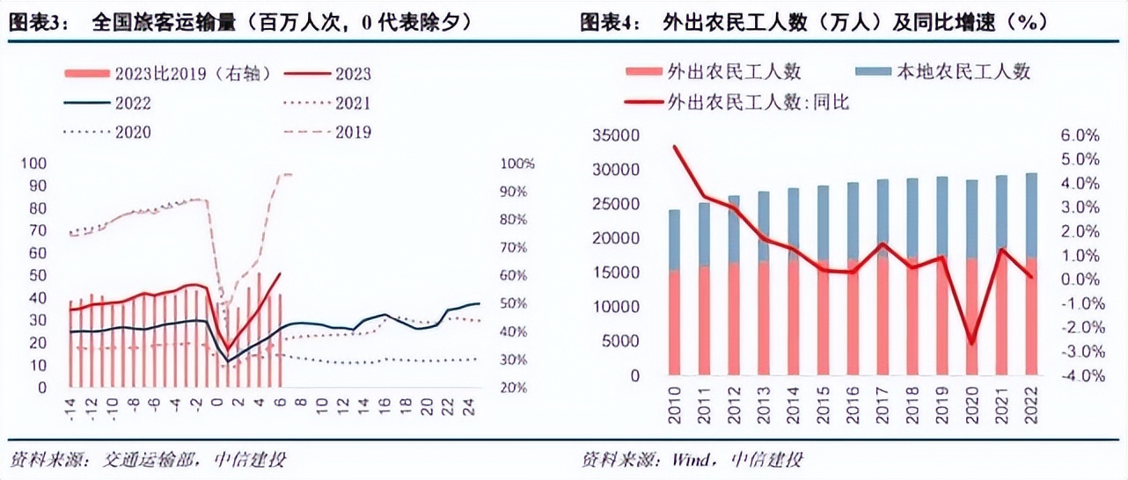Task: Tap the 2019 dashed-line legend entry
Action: pyautogui.click(x=353, y=133)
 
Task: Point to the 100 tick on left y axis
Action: pyautogui.click(x=39, y=164)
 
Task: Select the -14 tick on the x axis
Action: pyautogui.click(x=70, y=405)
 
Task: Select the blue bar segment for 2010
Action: pyautogui.click(x=675, y=239)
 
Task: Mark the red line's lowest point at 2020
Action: pyautogui.click(x=971, y=344)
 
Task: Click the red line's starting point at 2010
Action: pyautogui.click(x=675, y=147)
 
